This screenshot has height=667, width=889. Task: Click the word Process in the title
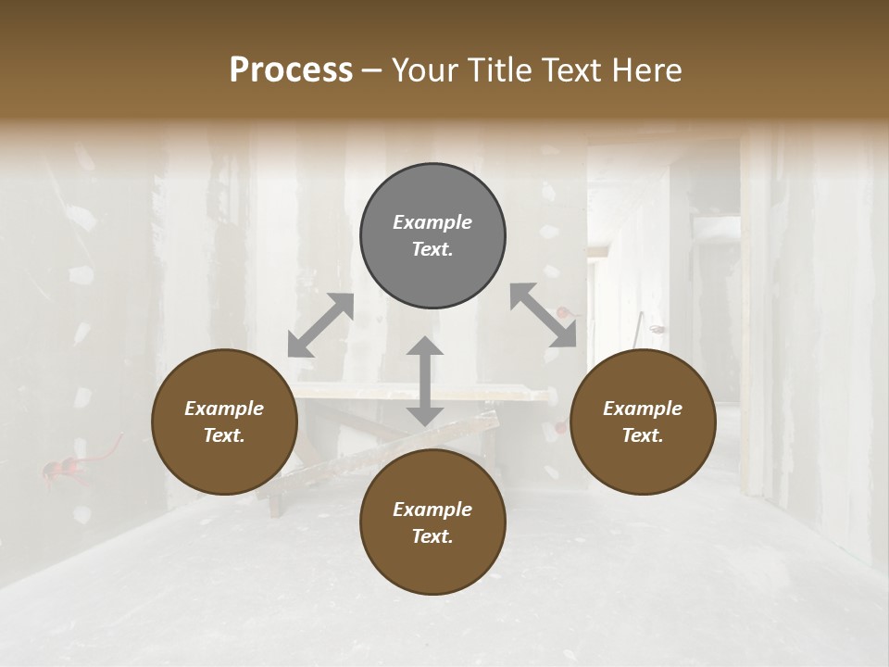point(291,70)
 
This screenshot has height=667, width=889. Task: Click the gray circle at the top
point(432,236)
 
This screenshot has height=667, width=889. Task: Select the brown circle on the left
point(225,422)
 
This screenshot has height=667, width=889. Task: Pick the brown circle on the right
point(643,422)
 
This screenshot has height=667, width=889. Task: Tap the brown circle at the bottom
point(432,522)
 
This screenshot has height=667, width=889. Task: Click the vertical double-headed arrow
point(425,381)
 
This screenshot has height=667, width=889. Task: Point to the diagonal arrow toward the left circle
point(320,325)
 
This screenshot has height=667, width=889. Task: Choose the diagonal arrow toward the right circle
point(544,315)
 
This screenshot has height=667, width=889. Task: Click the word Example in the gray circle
point(432,222)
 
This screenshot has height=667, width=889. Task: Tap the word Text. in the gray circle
point(432,249)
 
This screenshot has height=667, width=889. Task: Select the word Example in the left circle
point(224,409)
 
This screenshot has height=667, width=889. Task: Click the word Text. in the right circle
point(643,435)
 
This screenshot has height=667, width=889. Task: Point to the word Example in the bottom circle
point(432,510)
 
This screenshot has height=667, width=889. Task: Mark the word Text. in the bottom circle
point(432,536)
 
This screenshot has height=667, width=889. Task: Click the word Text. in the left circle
point(224,435)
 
